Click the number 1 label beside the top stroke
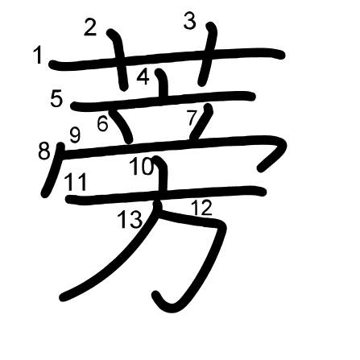point(39,55)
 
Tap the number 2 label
point(90,28)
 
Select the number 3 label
point(190,21)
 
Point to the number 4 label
point(143,77)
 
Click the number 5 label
point(56,98)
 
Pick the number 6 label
point(102,124)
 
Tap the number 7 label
point(192,118)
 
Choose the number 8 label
point(44,151)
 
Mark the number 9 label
point(75,135)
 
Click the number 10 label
point(142,167)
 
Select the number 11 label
point(77,182)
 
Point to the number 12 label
point(201,208)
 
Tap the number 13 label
point(130,219)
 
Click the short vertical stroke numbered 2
point(119,59)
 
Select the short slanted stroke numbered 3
point(208,54)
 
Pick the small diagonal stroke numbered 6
point(122,126)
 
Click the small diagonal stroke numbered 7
point(202,122)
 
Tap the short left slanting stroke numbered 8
point(53,170)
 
